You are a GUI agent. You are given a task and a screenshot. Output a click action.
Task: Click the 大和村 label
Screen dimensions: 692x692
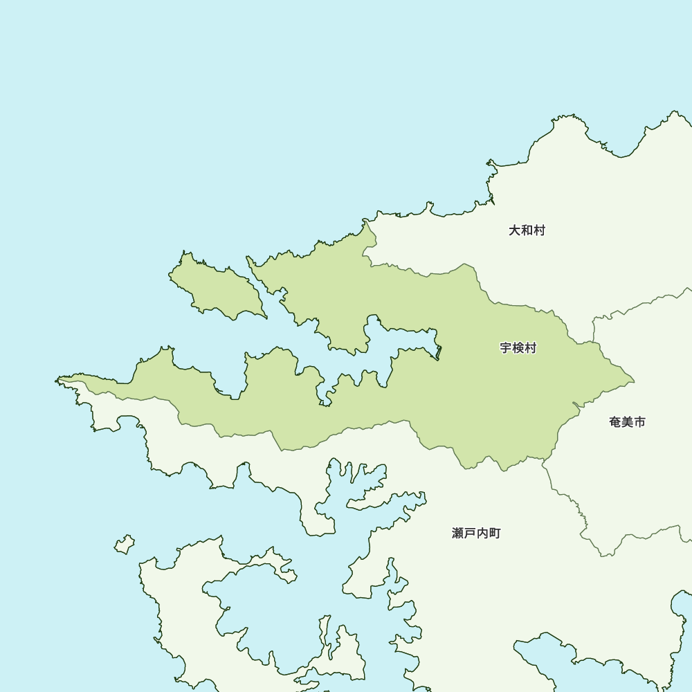(527, 230)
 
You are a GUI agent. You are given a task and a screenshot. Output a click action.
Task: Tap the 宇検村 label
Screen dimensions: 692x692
(518, 348)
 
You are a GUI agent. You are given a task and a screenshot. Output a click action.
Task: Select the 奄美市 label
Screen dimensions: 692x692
(627, 422)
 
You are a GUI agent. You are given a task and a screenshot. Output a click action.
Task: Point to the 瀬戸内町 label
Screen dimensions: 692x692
(476, 534)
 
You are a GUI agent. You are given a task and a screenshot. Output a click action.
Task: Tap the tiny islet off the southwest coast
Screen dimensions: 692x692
(125, 545)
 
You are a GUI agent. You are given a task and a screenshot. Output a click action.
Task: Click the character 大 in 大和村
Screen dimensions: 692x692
(515, 230)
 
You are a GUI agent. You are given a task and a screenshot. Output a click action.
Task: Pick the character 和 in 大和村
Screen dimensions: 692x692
(527, 230)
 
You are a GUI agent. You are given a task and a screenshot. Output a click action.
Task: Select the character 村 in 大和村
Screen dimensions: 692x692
(539, 230)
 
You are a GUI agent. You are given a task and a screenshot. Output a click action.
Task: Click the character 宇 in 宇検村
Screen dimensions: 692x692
(506, 348)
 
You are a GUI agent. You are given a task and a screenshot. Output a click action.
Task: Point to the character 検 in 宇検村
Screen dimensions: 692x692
(518, 348)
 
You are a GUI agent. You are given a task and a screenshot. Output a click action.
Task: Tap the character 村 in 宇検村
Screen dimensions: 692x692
(531, 348)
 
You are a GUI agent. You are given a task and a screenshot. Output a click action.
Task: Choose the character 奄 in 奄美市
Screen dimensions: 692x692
(615, 422)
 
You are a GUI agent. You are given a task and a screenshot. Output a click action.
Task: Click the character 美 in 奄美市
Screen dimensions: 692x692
(627, 422)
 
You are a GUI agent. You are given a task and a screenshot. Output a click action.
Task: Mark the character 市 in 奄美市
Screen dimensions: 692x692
(639, 422)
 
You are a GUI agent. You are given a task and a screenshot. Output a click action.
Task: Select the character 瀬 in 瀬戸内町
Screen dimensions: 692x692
(458, 534)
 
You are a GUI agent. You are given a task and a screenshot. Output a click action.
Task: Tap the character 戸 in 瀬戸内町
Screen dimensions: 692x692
(470, 534)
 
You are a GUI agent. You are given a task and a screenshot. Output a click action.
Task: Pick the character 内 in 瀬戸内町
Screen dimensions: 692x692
(482, 534)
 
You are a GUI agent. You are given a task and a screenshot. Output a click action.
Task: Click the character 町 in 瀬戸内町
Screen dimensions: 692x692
(494, 534)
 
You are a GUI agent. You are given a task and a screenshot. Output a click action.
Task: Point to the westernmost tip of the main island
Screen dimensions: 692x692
(57, 380)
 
